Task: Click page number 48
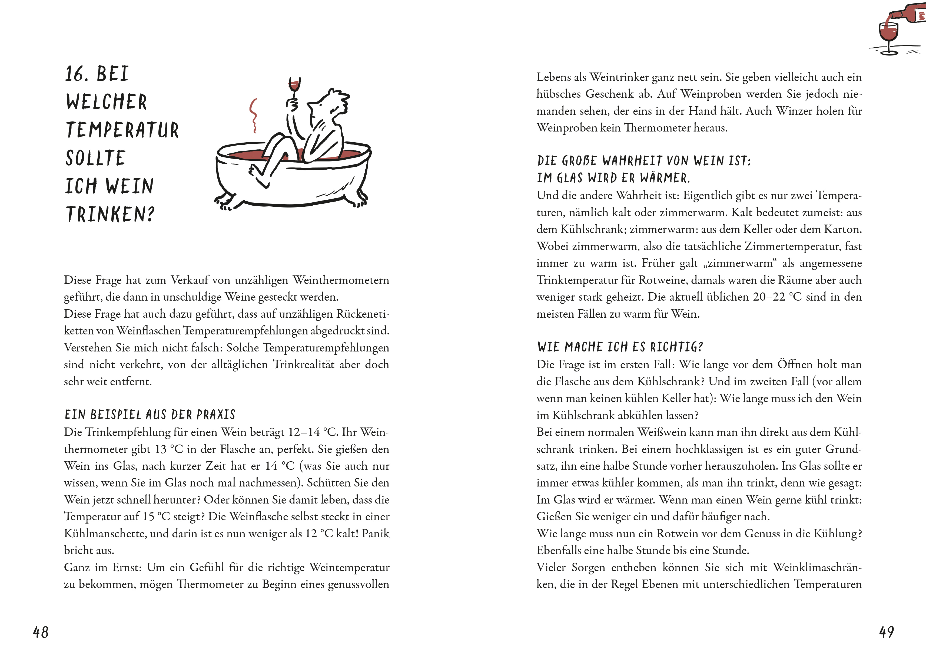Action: (41, 632)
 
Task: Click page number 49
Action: (887, 632)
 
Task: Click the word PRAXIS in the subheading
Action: (216, 415)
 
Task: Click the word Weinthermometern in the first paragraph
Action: (341, 280)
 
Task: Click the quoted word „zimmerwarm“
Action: (740, 263)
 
